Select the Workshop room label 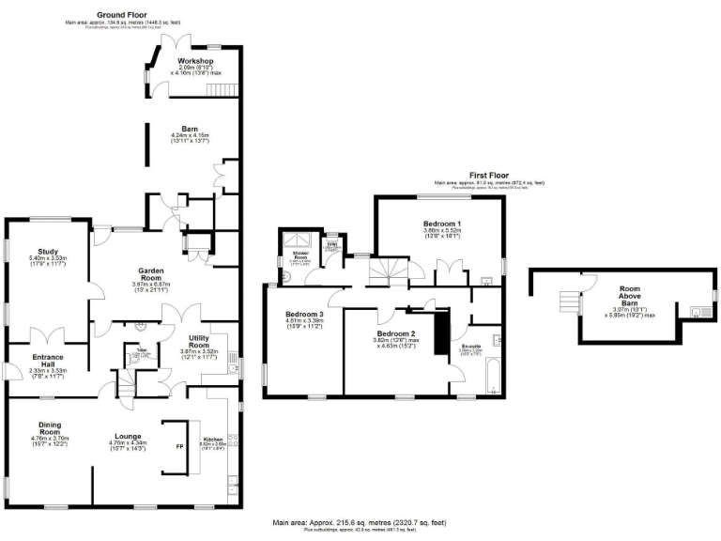tap(196, 61)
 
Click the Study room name tap(49, 251)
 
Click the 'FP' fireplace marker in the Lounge tap(181, 446)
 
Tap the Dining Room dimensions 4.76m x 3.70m tap(50, 438)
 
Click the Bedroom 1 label tap(439, 223)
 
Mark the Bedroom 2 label tap(395, 333)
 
